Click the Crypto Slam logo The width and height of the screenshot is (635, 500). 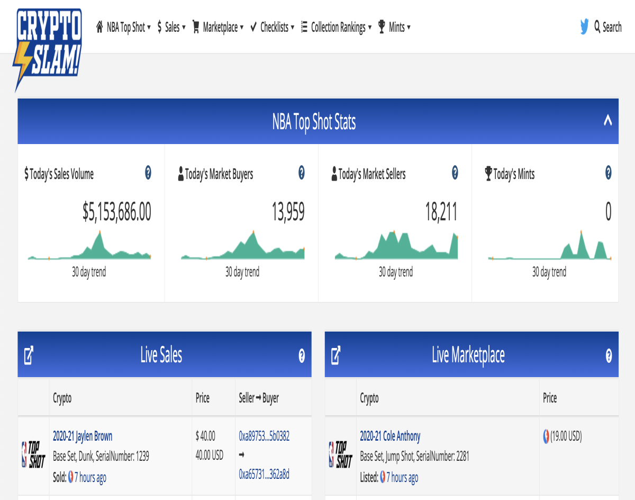[47, 49]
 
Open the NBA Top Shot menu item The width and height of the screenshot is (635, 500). [123, 27]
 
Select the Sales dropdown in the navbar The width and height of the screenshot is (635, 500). [171, 27]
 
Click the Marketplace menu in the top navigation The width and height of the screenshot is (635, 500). [218, 27]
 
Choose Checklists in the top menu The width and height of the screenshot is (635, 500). [272, 27]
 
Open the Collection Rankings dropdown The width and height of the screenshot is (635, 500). [336, 27]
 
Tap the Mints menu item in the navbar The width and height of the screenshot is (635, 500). [394, 27]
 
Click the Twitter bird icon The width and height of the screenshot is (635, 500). [584, 26]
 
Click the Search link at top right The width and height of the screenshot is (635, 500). [608, 27]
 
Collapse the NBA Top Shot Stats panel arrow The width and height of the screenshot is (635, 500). [608, 120]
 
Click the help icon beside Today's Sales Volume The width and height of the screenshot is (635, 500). [148, 173]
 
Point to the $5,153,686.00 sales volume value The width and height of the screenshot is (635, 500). [117, 211]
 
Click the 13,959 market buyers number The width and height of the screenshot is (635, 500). [288, 211]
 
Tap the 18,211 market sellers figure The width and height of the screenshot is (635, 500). [441, 211]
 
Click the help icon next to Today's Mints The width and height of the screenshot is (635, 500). [609, 173]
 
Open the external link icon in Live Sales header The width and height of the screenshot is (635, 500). [29, 355]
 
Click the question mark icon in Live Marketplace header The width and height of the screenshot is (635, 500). [609, 355]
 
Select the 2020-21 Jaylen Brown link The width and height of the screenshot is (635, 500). [83, 436]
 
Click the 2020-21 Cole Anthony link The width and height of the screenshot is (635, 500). [390, 436]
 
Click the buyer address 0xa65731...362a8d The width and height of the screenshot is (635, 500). [264, 474]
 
